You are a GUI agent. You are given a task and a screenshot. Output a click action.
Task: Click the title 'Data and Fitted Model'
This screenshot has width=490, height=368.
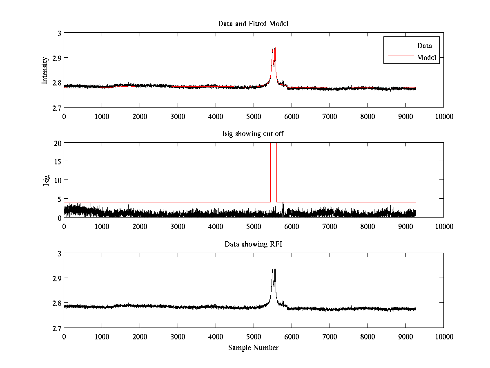(x=253, y=24)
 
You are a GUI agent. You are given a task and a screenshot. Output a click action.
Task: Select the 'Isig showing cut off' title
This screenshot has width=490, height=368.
(x=253, y=134)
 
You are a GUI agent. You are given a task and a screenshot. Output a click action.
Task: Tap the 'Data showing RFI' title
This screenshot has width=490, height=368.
(x=253, y=244)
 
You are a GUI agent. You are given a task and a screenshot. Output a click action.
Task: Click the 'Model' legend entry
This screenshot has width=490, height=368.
(x=426, y=58)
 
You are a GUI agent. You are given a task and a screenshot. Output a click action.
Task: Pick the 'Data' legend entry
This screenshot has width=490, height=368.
(x=424, y=46)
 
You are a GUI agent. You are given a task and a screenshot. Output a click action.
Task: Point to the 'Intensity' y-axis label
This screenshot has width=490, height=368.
(x=45, y=70)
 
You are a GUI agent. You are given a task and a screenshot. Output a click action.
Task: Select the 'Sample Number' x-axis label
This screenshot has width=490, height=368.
(x=253, y=348)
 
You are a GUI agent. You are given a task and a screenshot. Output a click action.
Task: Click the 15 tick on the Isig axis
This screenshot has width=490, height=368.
(x=58, y=162)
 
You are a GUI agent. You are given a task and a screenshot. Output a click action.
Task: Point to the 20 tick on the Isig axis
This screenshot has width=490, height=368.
(x=57, y=143)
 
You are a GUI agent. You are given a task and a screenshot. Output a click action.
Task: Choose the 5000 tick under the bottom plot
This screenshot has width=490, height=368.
(x=254, y=337)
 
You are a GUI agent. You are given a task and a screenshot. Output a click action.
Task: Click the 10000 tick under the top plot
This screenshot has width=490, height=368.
(x=443, y=116)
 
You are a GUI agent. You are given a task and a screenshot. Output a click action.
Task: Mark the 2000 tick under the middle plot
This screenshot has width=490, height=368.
(x=140, y=226)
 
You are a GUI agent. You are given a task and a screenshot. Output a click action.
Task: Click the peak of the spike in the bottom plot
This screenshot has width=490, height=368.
(x=275, y=267)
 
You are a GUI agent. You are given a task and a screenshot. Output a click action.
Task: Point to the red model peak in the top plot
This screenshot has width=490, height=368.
(x=275, y=47)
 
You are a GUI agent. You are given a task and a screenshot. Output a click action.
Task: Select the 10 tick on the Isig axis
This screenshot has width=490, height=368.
(x=58, y=180)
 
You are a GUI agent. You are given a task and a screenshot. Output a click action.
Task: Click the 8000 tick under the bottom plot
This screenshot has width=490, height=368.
(x=367, y=337)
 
